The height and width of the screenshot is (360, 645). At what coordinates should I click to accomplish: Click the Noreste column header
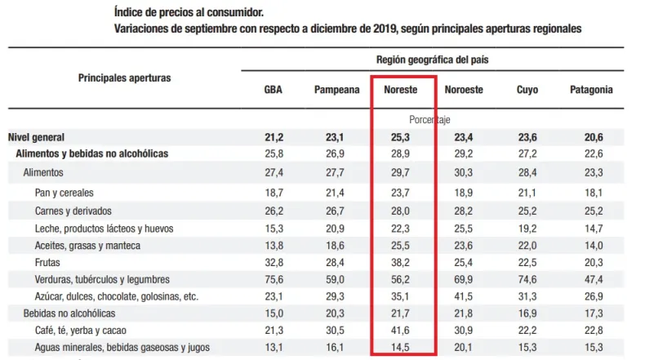pos(402,90)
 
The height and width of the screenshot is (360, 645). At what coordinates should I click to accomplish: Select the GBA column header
pos(274,90)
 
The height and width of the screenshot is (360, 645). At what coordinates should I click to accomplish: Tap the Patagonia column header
pos(592,90)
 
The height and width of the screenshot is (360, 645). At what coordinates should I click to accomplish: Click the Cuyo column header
pos(527,90)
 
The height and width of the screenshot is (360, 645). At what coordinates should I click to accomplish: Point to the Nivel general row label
pos(36,137)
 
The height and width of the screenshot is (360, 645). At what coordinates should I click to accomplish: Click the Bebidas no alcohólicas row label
pos(69,313)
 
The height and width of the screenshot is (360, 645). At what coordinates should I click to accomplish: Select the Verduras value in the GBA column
pos(273,280)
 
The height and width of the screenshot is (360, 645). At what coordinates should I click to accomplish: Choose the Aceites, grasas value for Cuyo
pos(528,246)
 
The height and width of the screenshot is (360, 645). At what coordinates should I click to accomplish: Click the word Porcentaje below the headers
pos(432,119)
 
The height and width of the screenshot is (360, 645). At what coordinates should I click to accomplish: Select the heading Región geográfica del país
pos(432,60)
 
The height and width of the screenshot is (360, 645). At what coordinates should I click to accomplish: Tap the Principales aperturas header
pos(125,78)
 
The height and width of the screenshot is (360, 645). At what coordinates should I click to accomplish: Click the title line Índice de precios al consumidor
pos(189,13)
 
